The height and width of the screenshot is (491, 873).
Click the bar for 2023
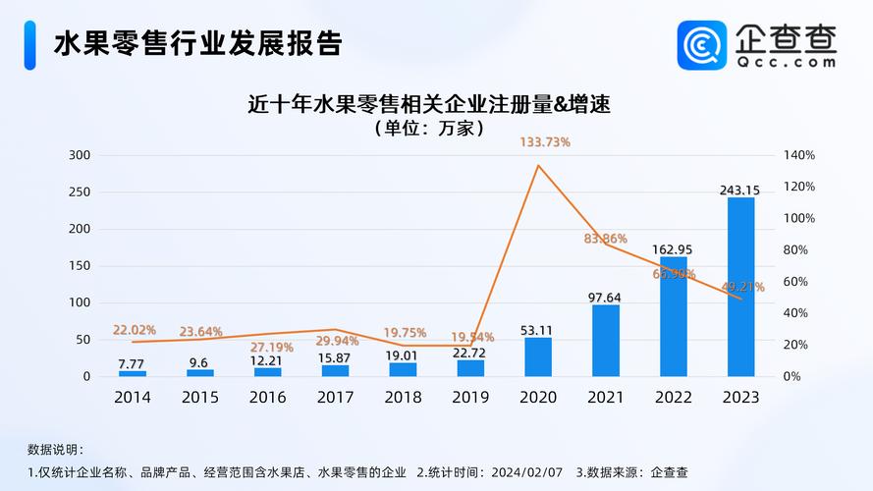point(740,287)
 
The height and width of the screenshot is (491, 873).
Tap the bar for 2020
point(538,356)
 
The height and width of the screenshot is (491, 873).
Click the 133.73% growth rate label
point(544,141)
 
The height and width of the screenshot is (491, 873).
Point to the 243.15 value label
point(740,190)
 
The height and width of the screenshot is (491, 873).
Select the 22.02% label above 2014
point(135,330)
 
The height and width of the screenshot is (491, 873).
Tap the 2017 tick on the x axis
point(335,398)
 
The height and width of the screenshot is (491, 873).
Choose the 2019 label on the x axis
point(470,398)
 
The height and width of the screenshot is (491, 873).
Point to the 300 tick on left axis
point(81,155)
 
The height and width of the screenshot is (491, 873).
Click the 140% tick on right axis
point(799,155)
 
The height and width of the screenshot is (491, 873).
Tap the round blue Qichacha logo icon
point(701,45)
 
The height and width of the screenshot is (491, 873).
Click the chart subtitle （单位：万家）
point(429,128)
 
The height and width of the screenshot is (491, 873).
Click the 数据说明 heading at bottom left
point(55,449)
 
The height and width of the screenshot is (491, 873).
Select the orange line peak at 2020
point(538,165)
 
